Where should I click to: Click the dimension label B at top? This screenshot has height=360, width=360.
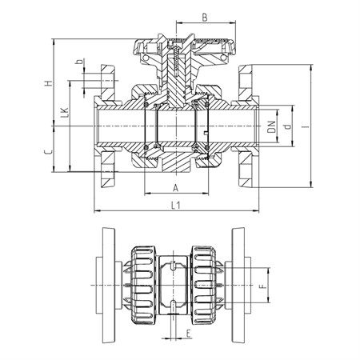point(205,18)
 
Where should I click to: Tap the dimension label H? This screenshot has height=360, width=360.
point(48,83)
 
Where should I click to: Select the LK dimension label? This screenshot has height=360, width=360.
point(64,113)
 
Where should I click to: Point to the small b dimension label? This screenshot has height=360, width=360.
point(79,62)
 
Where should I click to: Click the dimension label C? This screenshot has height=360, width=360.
point(48,152)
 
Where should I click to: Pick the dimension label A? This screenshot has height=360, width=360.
point(175,188)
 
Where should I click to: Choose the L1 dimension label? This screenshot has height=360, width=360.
point(176,205)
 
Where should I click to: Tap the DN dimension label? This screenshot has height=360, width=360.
point(271,127)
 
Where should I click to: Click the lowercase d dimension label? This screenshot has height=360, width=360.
point(287,126)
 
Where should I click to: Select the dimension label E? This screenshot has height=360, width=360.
point(189,334)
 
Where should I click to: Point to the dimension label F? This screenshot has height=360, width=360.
point(263,286)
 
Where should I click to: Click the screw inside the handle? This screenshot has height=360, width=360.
point(176,61)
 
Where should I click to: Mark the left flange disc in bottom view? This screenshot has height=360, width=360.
point(109,285)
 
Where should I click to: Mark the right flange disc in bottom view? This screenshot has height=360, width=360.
point(238,285)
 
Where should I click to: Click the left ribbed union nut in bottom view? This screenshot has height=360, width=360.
point(143,285)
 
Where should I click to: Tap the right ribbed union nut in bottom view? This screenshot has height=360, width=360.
point(204,285)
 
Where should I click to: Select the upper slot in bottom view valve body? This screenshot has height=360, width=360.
point(173,266)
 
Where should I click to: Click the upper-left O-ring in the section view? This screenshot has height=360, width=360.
point(146,104)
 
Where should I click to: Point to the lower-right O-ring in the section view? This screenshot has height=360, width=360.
point(206,148)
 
